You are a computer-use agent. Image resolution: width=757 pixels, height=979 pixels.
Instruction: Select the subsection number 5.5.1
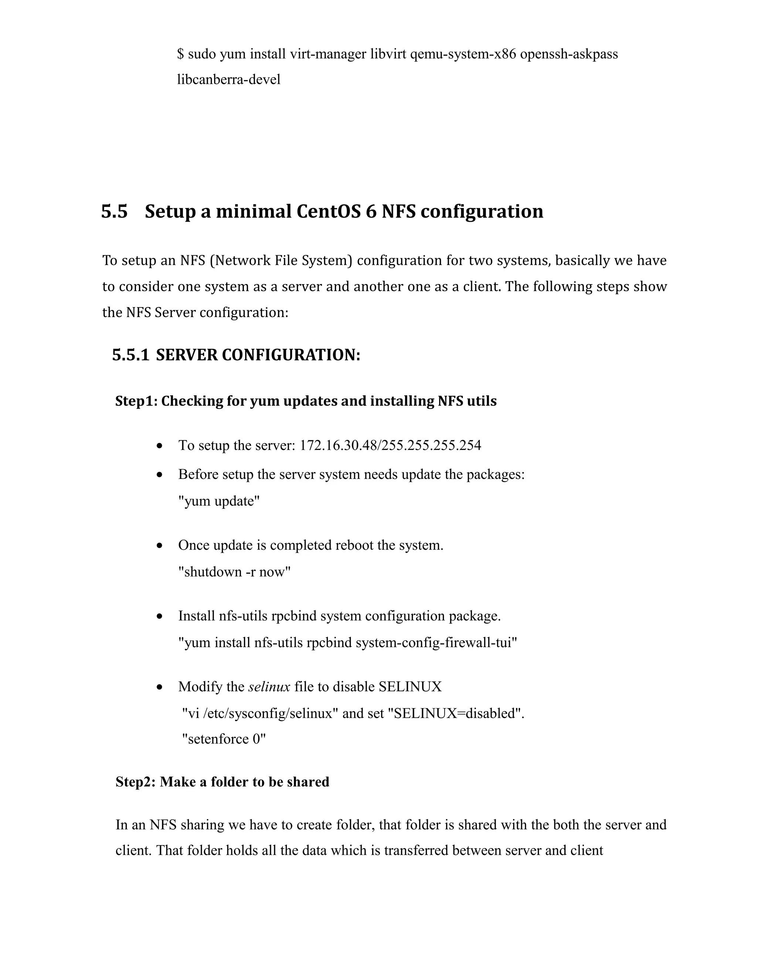tap(130, 355)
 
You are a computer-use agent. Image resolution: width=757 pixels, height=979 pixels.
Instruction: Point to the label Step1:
tap(136, 401)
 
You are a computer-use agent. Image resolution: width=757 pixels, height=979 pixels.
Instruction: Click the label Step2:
tap(136, 782)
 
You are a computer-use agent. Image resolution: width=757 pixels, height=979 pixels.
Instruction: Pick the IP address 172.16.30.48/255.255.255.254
tap(390, 446)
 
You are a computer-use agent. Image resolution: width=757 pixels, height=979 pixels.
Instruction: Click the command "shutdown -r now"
tap(234, 572)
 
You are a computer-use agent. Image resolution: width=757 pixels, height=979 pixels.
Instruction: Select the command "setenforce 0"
tap(223, 739)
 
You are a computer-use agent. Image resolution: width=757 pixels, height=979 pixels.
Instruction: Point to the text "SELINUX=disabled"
tap(458, 713)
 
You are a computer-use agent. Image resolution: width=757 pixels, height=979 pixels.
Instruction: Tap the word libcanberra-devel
tap(229, 80)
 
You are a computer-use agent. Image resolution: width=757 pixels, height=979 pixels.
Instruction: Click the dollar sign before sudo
tap(181, 54)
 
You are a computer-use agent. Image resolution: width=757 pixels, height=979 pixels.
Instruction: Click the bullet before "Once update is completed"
tap(160, 546)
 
